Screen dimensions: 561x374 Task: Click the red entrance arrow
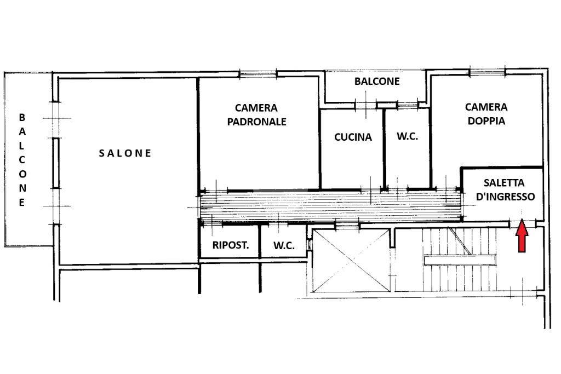[x=522, y=236]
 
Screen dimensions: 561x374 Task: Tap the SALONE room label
[x=125, y=153]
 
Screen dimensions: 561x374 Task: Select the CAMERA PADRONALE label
[x=256, y=115]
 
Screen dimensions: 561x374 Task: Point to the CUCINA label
[x=353, y=137]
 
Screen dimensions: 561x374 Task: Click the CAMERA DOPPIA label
[x=486, y=114]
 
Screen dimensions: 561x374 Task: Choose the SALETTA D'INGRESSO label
[x=504, y=189]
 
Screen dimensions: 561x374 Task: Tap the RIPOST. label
[x=231, y=245]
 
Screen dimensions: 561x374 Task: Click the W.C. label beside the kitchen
[x=408, y=136]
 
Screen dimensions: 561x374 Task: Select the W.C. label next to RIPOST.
[x=284, y=246]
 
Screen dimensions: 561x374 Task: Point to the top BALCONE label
[x=377, y=82]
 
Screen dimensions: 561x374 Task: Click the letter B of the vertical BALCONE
[x=22, y=117]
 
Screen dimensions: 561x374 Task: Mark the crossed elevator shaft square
[x=351, y=262]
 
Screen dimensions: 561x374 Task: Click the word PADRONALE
[x=256, y=122]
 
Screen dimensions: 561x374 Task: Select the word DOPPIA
[x=486, y=120]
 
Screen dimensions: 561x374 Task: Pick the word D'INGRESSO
[x=506, y=196]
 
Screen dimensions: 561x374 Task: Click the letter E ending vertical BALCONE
[x=22, y=203]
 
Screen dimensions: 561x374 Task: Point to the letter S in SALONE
[x=102, y=153]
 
